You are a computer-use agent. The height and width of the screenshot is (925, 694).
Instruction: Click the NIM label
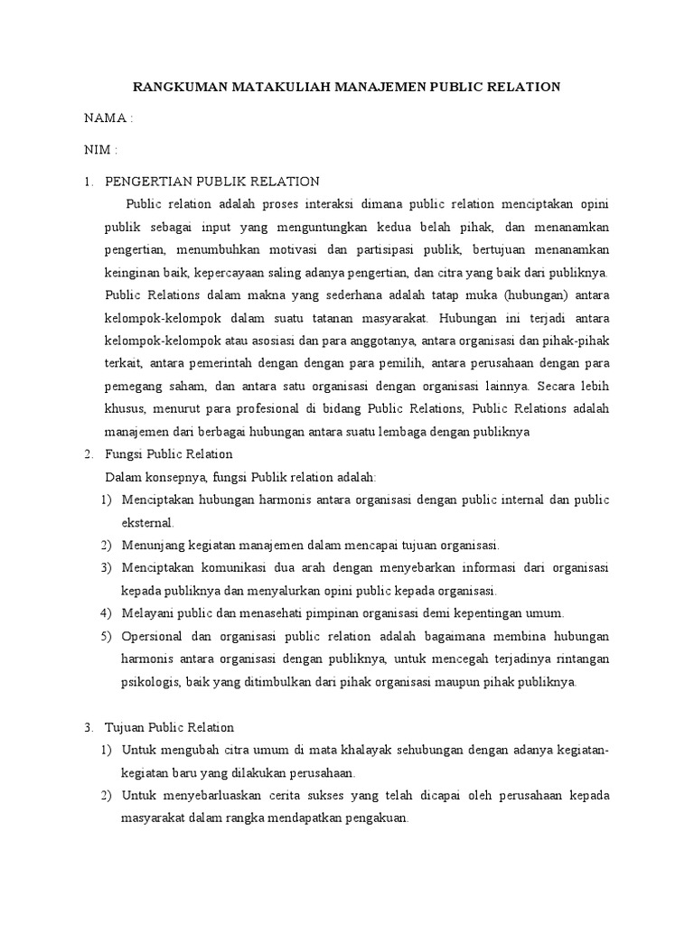click(x=98, y=149)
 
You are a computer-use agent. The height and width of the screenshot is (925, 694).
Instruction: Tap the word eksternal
click(x=147, y=523)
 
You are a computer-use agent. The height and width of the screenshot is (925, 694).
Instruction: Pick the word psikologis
click(x=149, y=682)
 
